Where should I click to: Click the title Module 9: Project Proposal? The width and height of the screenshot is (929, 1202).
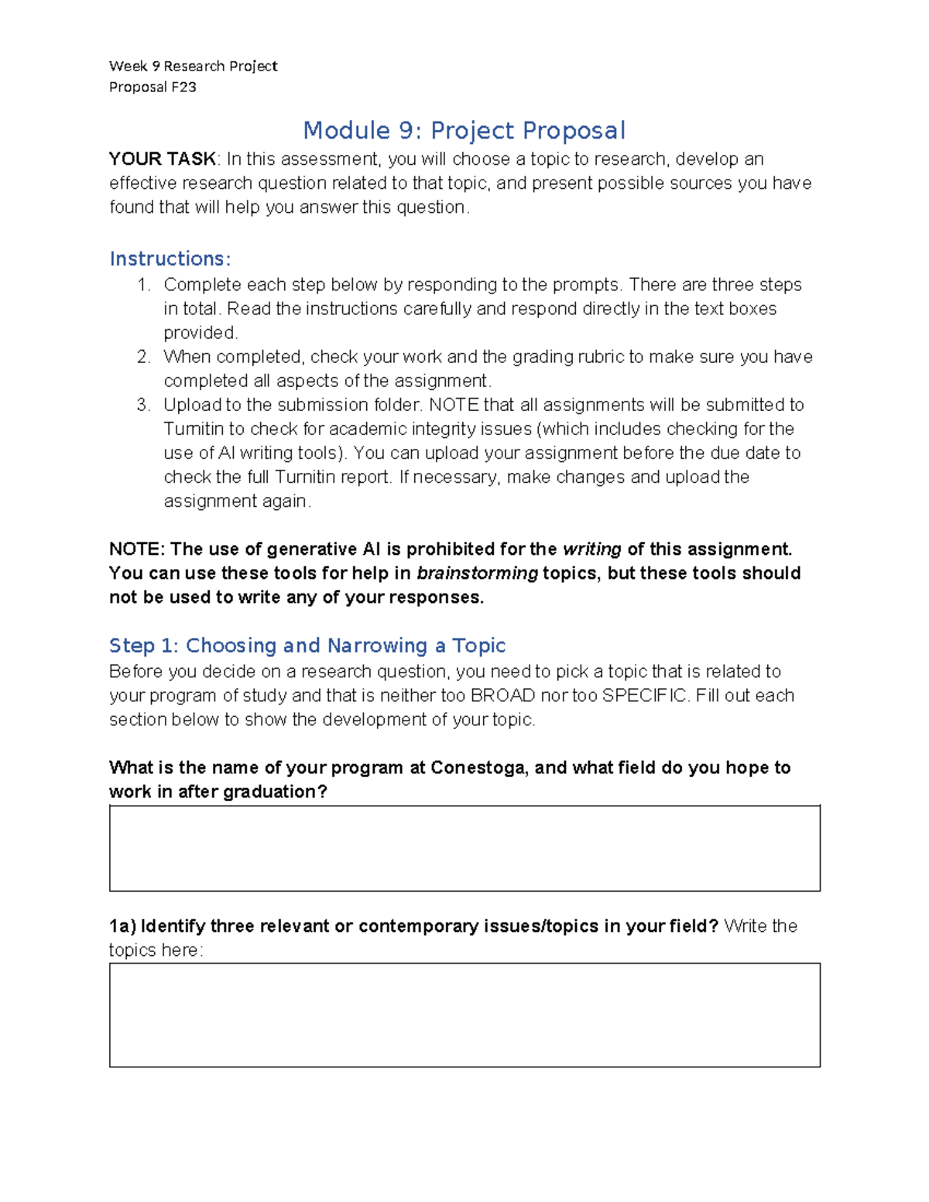pyautogui.click(x=464, y=130)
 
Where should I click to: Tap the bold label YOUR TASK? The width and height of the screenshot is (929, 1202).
pyautogui.click(x=163, y=159)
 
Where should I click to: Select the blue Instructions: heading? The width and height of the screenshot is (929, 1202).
pyautogui.click(x=170, y=259)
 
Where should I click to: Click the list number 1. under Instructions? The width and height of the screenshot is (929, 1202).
pyautogui.click(x=143, y=285)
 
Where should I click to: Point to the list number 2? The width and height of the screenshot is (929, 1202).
pyautogui.click(x=143, y=357)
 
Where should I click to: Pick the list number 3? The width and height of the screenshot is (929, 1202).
pyautogui.click(x=143, y=405)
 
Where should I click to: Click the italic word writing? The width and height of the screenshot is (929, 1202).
pyautogui.click(x=591, y=550)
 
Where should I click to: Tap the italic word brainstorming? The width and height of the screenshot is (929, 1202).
pyautogui.click(x=477, y=574)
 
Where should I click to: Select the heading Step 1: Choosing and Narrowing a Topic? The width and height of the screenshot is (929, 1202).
pyautogui.click(x=307, y=646)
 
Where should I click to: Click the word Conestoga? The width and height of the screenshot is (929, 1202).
pyautogui.click(x=479, y=768)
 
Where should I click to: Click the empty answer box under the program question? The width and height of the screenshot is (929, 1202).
pyautogui.click(x=464, y=848)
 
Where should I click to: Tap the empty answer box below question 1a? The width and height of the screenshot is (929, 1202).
pyautogui.click(x=464, y=1015)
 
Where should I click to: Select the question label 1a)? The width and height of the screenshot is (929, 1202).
pyautogui.click(x=122, y=926)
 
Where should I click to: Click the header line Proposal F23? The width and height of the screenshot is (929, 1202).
pyautogui.click(x=153, y=87)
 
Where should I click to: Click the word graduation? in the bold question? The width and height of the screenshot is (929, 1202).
pyautogui.click(x=275, y=792)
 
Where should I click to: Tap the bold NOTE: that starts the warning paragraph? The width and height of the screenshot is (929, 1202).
pyautogui.click(x=137, y=550)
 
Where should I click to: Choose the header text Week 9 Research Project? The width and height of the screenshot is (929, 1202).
pyautogui.click(x=193, y=67)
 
